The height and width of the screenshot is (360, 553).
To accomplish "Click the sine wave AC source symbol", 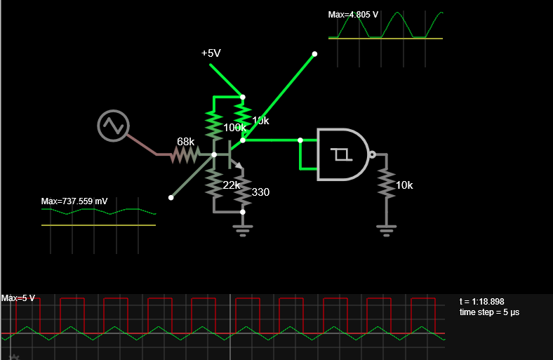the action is (x=113, y=126).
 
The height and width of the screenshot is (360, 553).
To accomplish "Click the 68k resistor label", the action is (x=185, y=141).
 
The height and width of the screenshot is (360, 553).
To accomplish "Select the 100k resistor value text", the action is (x=234, y=127).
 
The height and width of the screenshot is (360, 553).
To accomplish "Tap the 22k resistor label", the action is (x=232, y=185).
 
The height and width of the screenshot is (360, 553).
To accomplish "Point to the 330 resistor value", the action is (x=260, y=192).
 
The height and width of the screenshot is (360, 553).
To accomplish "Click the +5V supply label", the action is (x=211, y=53).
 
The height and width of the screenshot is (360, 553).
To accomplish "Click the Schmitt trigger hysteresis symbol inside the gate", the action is (x=341, y=154).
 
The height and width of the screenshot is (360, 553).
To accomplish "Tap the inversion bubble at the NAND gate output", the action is (x=372, y=154).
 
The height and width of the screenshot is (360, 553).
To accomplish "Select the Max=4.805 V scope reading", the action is (x=353, y=15).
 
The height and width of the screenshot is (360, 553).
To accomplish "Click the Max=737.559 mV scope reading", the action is (x=74, y=201).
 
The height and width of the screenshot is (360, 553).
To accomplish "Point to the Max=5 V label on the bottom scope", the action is (x=18, y=298).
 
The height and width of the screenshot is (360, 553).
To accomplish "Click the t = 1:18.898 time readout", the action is (x=481, y=302).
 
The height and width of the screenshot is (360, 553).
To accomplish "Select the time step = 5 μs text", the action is (x=489, y=312).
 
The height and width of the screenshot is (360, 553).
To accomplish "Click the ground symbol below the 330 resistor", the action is (x=243, y=231).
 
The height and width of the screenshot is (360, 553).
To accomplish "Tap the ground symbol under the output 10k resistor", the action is (x=387, y=231).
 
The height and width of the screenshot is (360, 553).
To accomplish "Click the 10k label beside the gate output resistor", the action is (x=404, y=185).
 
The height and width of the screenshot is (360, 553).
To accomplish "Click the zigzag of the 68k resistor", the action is (x=185, y=154).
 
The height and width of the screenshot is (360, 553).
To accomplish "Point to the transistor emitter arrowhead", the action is (x=239, y=166).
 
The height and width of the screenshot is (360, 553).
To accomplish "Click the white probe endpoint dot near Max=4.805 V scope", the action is (x=314, y=54).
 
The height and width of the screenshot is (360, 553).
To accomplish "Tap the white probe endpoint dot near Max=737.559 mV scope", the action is (x=171, y=197).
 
